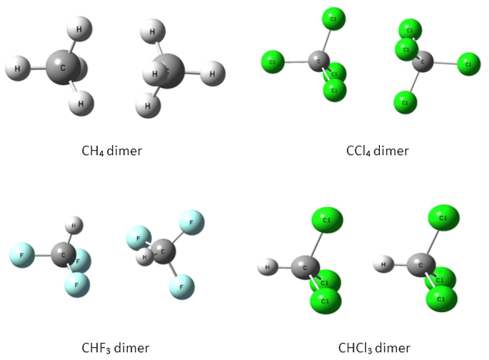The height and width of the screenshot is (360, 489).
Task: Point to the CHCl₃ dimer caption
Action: [x=374, y=348]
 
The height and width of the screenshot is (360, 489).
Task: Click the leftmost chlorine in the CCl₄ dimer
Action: [x=273, y=62]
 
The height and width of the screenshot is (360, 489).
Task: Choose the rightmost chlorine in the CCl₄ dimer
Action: [x=468, y=64]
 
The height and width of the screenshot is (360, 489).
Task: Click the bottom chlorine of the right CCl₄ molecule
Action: [x=405, y=102]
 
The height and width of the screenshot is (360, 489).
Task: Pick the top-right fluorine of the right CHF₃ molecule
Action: [x=192, y=221]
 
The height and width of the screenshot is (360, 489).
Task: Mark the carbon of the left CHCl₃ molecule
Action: [x=306, y=268]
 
